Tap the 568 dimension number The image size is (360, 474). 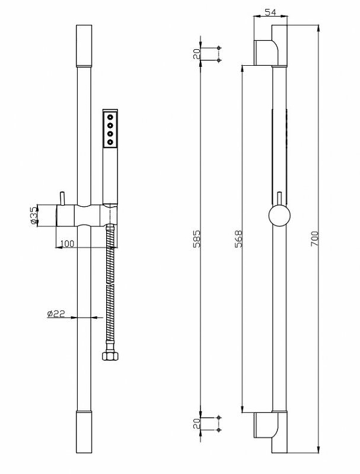click(238, 239)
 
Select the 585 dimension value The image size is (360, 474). click(197, 239)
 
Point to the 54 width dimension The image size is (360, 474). click(270, 12)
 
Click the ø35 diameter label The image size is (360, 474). click(34, 216)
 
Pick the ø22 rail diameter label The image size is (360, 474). click(56, 313)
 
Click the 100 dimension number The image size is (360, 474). click(67, 244)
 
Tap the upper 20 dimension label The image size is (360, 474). click(197, 54)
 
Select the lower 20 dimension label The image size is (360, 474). click(197, 424)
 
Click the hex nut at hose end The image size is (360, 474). click(110, 355)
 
